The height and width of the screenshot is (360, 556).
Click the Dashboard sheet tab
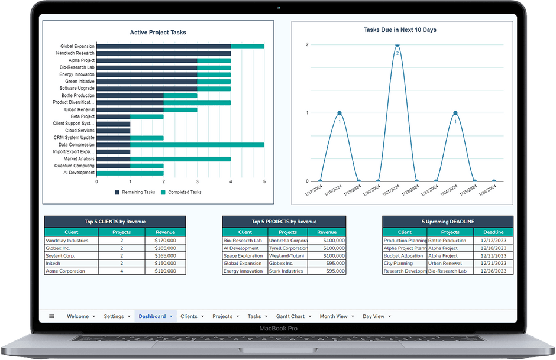pos(152,316)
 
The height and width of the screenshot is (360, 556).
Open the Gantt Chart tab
pos(290,316)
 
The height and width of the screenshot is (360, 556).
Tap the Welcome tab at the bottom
pos(77,316)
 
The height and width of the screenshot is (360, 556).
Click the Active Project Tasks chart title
pos(158,33)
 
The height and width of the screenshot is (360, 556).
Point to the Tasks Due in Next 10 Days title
pos(400,30)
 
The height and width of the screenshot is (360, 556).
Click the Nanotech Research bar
pos(163,53)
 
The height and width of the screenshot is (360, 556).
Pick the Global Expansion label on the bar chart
pos(77,46)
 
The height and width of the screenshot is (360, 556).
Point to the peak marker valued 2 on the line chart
pos(397,45)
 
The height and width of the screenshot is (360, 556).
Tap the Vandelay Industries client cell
pos(67,241)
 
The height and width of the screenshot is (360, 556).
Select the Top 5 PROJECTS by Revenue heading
pos(284,222)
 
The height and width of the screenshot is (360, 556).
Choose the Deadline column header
pos(493,232)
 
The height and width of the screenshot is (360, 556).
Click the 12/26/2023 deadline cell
pos(493,271)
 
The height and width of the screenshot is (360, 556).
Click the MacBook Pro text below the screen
pos(277,328)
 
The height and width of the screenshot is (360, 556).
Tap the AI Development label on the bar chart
pos(79,173)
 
